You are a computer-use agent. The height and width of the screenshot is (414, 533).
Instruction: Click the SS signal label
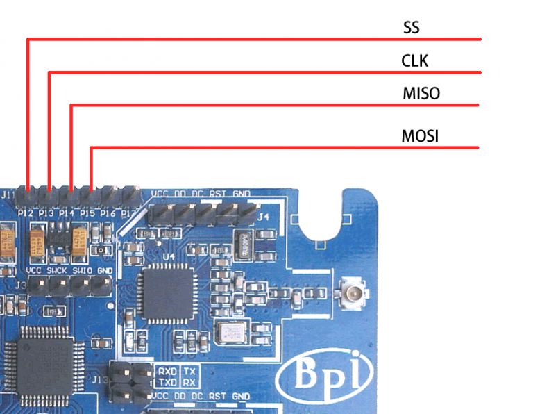point(412,28)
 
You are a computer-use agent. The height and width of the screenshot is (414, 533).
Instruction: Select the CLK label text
point(415,61)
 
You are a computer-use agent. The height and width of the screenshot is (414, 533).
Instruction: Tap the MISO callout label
point(421,93)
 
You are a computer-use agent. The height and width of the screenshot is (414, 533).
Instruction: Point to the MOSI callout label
point(420,135)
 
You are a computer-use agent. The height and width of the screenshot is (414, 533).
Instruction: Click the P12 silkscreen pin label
point(26,213)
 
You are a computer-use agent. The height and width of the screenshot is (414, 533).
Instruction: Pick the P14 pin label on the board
point(67,213)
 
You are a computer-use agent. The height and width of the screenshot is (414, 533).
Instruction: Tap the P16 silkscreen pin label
point(108,213)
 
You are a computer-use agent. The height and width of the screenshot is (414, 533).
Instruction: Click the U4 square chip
point(166,290)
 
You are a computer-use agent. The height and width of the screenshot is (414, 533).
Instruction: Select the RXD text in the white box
point(167,372)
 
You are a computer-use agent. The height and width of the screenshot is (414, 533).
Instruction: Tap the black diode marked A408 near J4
point(244,244)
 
